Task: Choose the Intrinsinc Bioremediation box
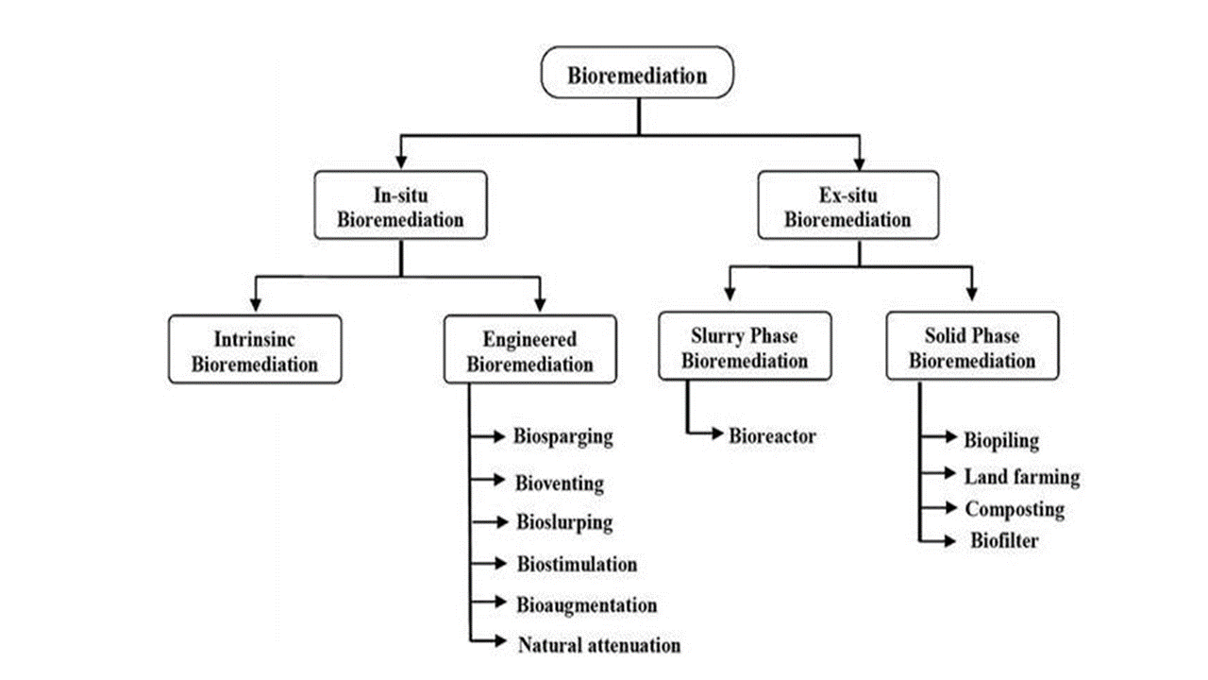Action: [254, 349]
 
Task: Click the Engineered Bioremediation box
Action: [530, 349]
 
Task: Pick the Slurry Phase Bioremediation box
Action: [746, 347]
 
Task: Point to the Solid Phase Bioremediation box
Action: [972, 347]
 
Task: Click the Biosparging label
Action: [563, 436]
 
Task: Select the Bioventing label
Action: [560, 484]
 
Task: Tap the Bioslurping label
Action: [564, 522]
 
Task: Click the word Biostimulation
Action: [577, 564]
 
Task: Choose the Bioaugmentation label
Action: [586, 604]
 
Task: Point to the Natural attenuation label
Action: [598, 646]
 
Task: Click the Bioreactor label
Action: [772, 436]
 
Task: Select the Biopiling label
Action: [1001, 439]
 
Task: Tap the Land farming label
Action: [1021, 477]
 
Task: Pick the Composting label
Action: [1014, 510]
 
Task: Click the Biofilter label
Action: [1004, 541]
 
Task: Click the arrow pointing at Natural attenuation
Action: [491, 643]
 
